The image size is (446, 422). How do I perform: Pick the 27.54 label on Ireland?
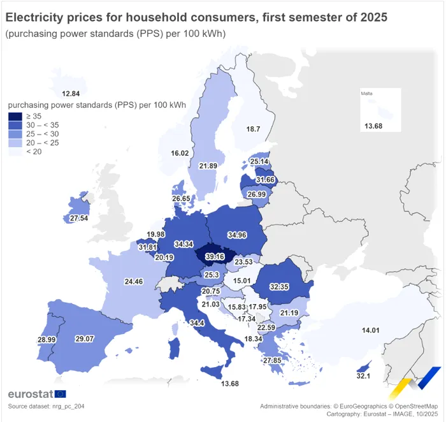click(79, 218)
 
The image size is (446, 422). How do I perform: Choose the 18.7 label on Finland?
click(253, 129)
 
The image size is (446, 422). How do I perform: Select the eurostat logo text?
click(30, 393)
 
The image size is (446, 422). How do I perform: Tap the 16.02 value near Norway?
click(180, 153)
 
